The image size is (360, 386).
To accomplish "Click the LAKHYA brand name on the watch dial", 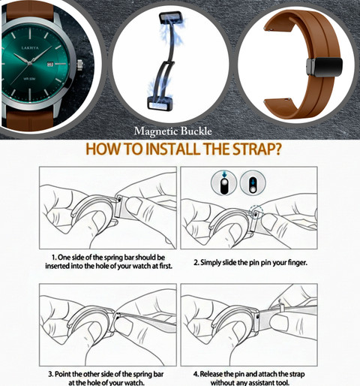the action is pos(30,47).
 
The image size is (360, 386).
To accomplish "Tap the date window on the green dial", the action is pos(50,65).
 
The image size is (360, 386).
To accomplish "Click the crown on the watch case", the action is pos(80,65).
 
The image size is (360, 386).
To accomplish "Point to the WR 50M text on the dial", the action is pos(29,79).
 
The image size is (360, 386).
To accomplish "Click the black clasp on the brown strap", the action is pos(324,67).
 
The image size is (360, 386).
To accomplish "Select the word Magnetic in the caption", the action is pos(156,131).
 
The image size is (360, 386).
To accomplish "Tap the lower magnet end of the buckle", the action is pos(158,104).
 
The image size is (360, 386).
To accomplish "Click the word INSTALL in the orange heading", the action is pos(172,149).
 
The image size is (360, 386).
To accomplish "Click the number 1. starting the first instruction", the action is pos(54,258).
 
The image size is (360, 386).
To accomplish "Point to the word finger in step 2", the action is pos(297,263).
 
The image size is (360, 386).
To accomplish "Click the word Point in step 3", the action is pos(61,374).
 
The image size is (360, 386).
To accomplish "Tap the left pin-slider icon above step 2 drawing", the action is pos(223,182).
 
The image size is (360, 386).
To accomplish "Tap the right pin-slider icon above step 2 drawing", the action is pos(253,182).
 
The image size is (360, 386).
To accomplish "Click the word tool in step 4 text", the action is pos(283,382).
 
